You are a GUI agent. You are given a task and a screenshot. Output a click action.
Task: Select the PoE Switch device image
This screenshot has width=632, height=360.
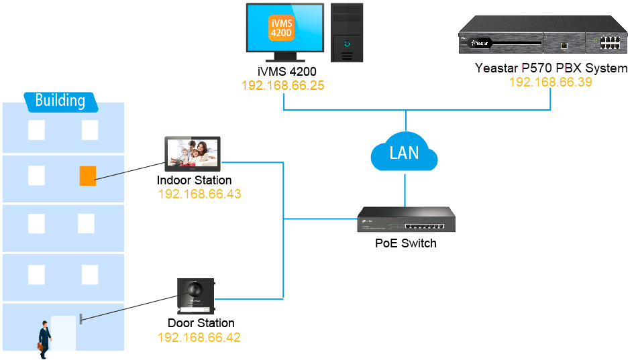[x=404, y=219]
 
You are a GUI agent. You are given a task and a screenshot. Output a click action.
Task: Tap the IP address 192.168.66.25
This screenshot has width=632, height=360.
[x=283, y=86]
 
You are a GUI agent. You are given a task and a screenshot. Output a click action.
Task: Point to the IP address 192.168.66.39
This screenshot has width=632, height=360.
[x=550, y=82]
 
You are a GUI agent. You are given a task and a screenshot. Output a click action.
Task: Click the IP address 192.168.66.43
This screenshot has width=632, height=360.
[x=199, y=194]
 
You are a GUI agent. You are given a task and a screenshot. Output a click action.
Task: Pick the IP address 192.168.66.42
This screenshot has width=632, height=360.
[x=199, y=337]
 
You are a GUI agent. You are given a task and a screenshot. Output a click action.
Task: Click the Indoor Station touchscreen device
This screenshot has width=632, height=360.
[x=193, y=154]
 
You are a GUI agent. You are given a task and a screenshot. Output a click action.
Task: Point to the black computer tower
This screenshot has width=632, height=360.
[x=347, y=31]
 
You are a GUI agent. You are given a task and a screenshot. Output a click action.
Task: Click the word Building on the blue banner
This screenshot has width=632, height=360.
[x=60, y=101]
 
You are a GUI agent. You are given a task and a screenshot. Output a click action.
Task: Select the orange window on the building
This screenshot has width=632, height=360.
[x=87, y=176]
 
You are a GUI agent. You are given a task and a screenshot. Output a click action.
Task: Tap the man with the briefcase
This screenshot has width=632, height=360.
[x=44, y=338]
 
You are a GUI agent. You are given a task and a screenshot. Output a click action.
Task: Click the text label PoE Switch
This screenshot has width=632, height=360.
[x=405, y=243]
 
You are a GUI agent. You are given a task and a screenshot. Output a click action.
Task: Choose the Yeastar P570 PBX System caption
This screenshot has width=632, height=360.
[x=551, y=68]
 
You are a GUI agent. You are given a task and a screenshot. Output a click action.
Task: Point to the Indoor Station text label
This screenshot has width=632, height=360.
[x=194, y=180]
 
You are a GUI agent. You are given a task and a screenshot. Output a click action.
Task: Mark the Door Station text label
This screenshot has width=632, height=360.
[x=201, y=323]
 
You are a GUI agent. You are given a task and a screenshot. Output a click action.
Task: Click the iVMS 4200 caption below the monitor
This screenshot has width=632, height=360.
[x=286, y=72]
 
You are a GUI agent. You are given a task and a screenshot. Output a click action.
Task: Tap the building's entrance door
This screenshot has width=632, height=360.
[x=63, y=333]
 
